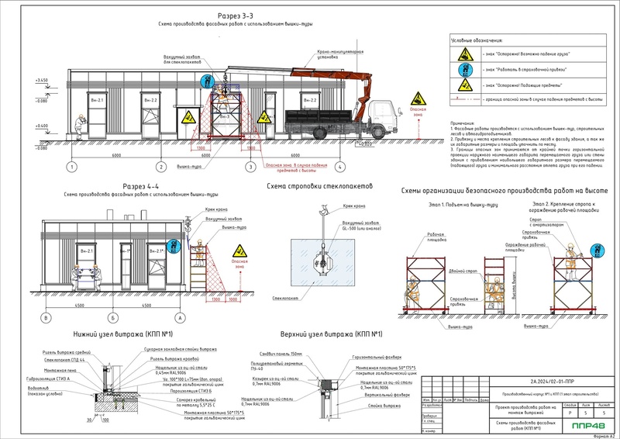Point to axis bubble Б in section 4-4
pos(112,319)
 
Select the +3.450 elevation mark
pos(41,81)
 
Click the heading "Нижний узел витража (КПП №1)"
pos(125,334)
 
